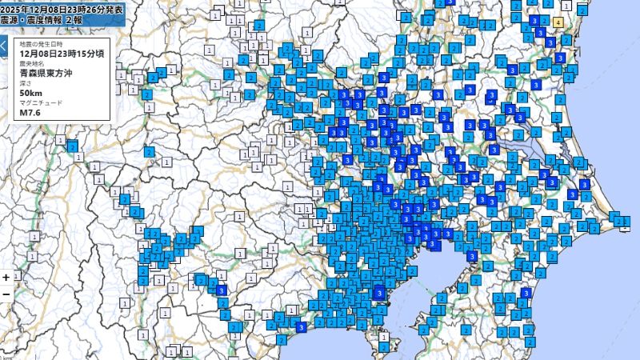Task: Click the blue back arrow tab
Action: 3,46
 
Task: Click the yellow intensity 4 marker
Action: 557,22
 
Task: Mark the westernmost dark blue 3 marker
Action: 222,290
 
